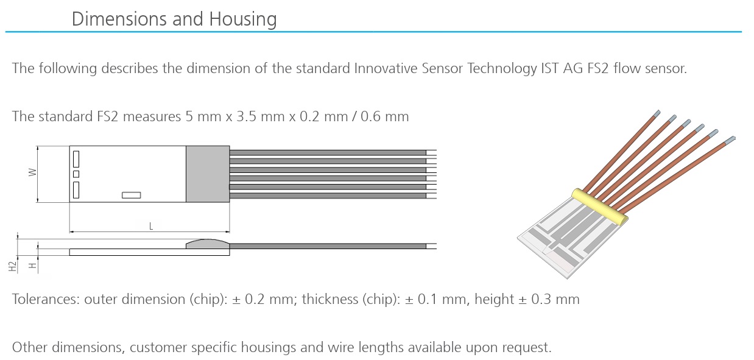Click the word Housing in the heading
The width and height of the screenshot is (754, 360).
(x=242, y=19)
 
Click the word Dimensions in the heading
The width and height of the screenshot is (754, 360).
(x=119, y=19)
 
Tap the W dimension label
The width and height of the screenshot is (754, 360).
(x=32, y=172)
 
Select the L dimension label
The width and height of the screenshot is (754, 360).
(x=151, y=227)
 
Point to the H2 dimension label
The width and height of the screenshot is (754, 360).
(x=12, y=266)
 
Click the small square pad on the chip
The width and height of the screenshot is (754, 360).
(x=76, y=174)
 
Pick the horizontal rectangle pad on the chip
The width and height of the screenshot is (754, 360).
(x=132, y=195)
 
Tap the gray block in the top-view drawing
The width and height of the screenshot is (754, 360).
(x=208, y=174)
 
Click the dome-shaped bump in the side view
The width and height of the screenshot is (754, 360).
(x=208, y=244)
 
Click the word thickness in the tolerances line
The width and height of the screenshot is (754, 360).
(x=330, y=299)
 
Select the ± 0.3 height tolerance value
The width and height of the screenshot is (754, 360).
(x=532, y=299)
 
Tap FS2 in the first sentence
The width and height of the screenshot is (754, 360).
(x=598, y=68)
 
